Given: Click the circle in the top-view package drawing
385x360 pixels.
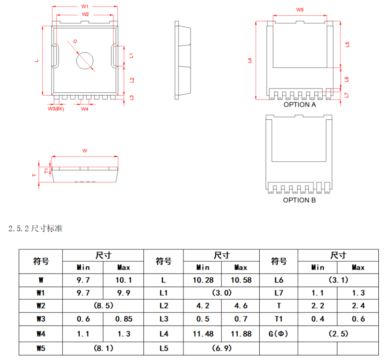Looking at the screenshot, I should (x=85, y=60).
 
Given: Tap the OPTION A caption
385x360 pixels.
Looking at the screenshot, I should (x=300, y=105).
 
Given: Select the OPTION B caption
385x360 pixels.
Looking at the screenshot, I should (x=299, y=200).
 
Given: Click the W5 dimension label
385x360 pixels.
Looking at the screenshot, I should (x=300, y=10).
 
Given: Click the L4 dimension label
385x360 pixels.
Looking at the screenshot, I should (x=250, y=60).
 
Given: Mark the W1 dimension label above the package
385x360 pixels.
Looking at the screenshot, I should (x=85, y=7).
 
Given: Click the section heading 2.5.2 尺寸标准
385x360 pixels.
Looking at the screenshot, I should (x=36, y=229).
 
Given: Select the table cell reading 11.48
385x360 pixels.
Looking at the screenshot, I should (x=203, y=334).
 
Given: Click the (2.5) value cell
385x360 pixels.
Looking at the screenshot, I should (x=338, y=334).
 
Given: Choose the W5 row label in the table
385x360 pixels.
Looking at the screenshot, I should (x=41, y=348).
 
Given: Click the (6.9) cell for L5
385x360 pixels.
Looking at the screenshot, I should (x=221, y=348).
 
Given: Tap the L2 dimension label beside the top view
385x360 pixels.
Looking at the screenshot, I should (x=131, y=80).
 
